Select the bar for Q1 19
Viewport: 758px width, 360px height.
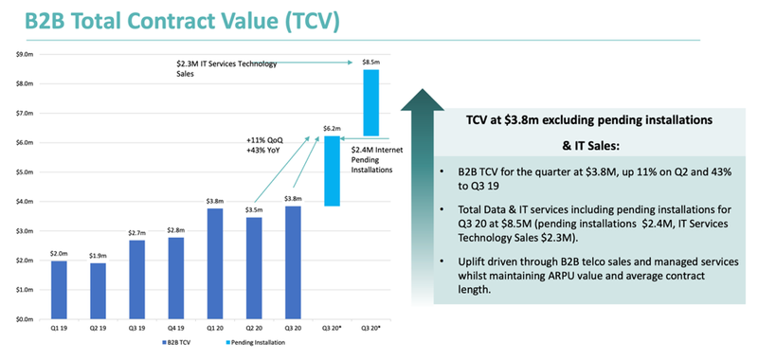coord(58,290)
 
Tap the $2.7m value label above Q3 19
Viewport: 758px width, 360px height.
coord(136,233)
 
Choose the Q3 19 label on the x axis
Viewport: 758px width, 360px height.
coord(136,331)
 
